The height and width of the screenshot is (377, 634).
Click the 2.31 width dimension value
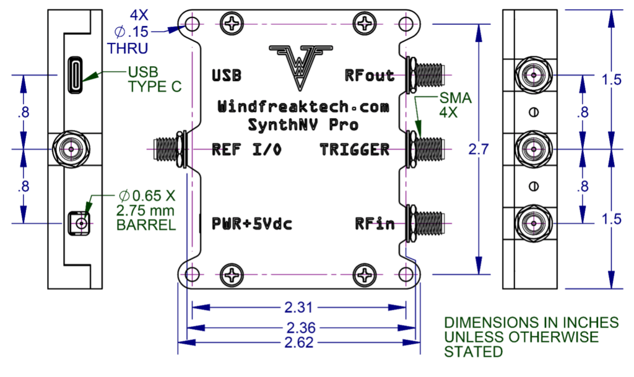click(300, 306)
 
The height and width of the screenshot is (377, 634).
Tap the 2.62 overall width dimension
click(300, 342)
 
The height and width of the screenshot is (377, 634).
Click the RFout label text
click(370, 76)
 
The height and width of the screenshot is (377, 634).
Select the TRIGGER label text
click(355, 149)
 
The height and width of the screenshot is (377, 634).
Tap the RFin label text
click(375, 223)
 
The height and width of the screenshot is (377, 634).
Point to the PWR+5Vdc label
click(251, 223)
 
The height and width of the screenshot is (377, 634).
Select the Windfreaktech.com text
click(303, 107)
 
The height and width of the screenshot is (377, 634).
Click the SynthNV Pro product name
click(303, 124)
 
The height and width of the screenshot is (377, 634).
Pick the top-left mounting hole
click(193, 25)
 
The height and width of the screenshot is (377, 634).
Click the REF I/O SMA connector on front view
click(167, 149)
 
